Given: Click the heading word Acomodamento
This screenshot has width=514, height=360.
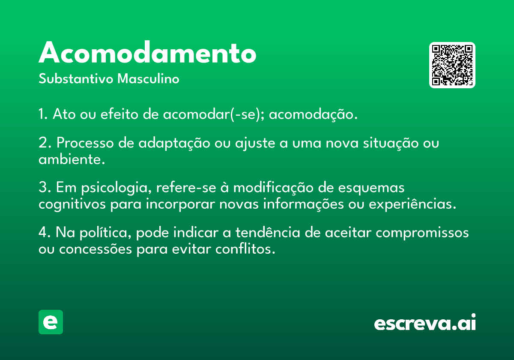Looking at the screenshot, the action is point(147,52).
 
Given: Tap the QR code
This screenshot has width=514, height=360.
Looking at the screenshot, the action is point(452,65).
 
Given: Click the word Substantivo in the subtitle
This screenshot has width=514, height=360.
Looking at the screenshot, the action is point(76,78).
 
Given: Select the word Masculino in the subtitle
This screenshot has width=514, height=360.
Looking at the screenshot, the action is point(148,78).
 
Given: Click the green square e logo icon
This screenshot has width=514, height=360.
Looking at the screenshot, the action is point(51,322).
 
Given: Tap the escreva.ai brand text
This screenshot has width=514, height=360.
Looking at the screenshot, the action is point(425,322).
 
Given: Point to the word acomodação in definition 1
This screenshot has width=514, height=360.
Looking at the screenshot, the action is point(313,114).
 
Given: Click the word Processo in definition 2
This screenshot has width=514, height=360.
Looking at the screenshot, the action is point(85,143).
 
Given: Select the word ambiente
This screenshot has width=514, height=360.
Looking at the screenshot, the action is point(72,159).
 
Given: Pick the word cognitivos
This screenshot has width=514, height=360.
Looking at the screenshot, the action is point(72,204).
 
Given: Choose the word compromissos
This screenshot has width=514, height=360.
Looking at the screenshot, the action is point(422,233).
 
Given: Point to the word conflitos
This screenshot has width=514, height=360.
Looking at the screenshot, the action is point(245,249).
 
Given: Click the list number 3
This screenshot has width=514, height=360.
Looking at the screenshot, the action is point(45,187).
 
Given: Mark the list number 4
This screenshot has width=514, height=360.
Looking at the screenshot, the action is point(45,232).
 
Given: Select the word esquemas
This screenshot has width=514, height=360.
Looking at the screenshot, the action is point(371,188).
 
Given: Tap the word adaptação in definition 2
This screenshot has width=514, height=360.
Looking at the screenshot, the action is point(174,144).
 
